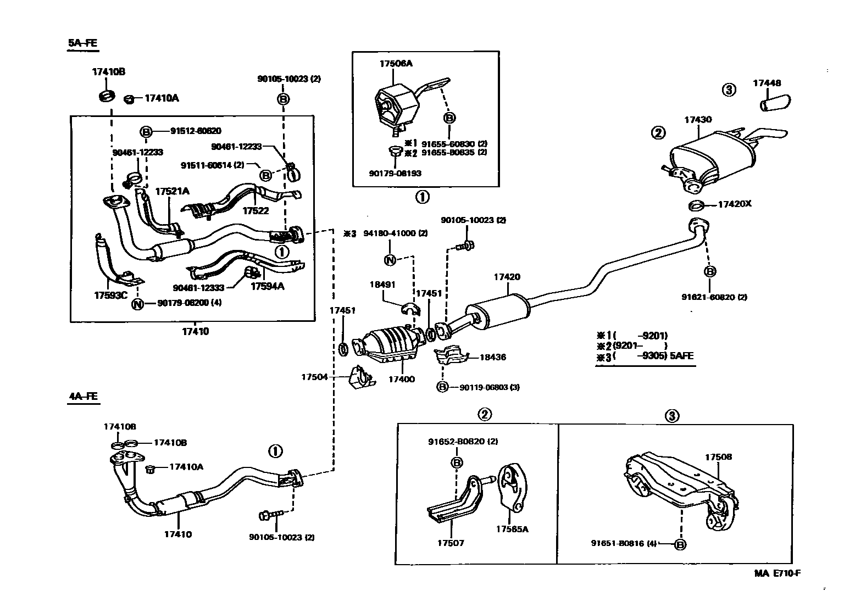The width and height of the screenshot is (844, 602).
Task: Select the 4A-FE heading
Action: click(x=84, y=395)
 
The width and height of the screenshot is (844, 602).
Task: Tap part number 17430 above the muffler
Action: click(x=698, y=119)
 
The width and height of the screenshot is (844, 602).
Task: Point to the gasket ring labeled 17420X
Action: click(x=696, y=206)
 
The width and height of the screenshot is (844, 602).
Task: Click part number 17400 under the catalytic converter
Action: click(x=402, y=379)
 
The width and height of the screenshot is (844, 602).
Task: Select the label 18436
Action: click(x=492, y=357)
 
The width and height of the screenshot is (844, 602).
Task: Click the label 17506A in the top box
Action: click(x=396, y=63)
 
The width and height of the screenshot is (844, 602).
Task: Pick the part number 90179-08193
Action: click(x=396, y=173)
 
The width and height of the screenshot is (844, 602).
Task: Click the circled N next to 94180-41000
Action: click(x=390, y=260)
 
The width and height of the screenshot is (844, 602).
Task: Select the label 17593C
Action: click(x=110, y=294)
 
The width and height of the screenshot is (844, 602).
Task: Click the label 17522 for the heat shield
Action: click(x=256, y=210)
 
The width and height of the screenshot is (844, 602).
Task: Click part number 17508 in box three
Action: click(x=719, y=457)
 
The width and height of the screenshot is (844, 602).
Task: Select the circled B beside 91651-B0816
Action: click(x=680, y=544)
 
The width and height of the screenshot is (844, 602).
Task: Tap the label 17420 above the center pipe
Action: click(x=507, y=277)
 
